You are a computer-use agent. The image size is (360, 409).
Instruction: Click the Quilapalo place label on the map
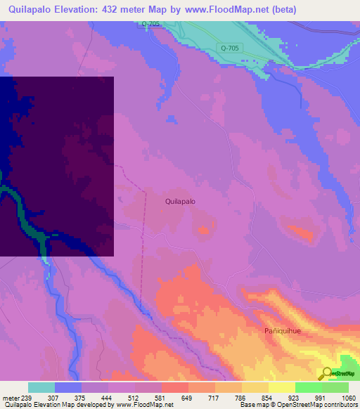point(180,201)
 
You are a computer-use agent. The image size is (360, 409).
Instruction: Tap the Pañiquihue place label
point(283,330)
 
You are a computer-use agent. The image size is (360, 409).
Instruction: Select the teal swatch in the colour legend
point(41,387)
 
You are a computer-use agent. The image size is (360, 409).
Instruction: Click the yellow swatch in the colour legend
point(282,387)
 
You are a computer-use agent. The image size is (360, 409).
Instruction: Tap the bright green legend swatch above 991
point(309,387)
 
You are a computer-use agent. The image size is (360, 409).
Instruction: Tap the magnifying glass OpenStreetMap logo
point(328,373)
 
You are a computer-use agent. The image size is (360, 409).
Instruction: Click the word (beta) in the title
point(280,10)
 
